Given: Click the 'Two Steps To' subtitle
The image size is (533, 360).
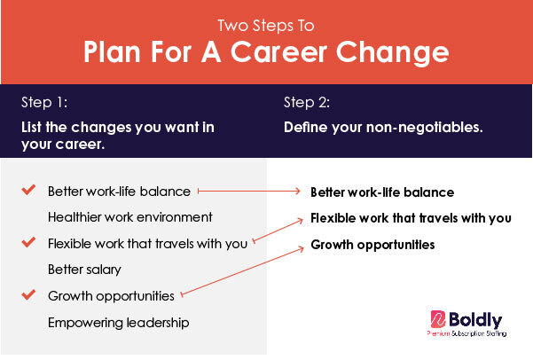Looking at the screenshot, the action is point(266,26).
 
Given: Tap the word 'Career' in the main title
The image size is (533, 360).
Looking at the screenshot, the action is point(278,52).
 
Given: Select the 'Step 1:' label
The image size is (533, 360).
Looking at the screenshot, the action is point(44,102).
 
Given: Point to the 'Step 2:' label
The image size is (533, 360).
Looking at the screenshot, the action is point(307,102).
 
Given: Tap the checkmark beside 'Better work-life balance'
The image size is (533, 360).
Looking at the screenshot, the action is point(28,190).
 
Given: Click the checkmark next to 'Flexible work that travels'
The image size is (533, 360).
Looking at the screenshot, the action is point(28,242).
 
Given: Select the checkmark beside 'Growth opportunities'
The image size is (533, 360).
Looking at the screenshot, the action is point(28,294).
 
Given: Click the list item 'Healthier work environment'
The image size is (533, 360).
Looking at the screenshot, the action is point(130,217).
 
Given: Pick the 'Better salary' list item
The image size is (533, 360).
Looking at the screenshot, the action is point(84,270).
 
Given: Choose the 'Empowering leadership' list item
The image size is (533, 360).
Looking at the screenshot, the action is point(118,323).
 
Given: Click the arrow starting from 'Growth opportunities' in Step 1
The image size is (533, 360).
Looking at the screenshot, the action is point(242,271).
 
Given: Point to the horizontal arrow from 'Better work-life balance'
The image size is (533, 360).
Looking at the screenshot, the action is point(249,191).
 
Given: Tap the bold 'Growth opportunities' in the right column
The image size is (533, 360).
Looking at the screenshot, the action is point(372,245).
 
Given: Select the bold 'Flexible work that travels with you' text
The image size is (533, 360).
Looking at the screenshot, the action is point(411,218).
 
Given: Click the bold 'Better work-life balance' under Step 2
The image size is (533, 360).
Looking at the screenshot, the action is point(382,192).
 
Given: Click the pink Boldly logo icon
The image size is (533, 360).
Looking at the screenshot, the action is point(438,319).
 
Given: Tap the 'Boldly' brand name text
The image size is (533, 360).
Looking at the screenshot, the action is point(475,320).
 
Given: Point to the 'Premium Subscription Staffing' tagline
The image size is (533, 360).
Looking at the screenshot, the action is point(466,333).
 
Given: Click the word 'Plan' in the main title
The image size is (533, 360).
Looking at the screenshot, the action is point(112,52).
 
